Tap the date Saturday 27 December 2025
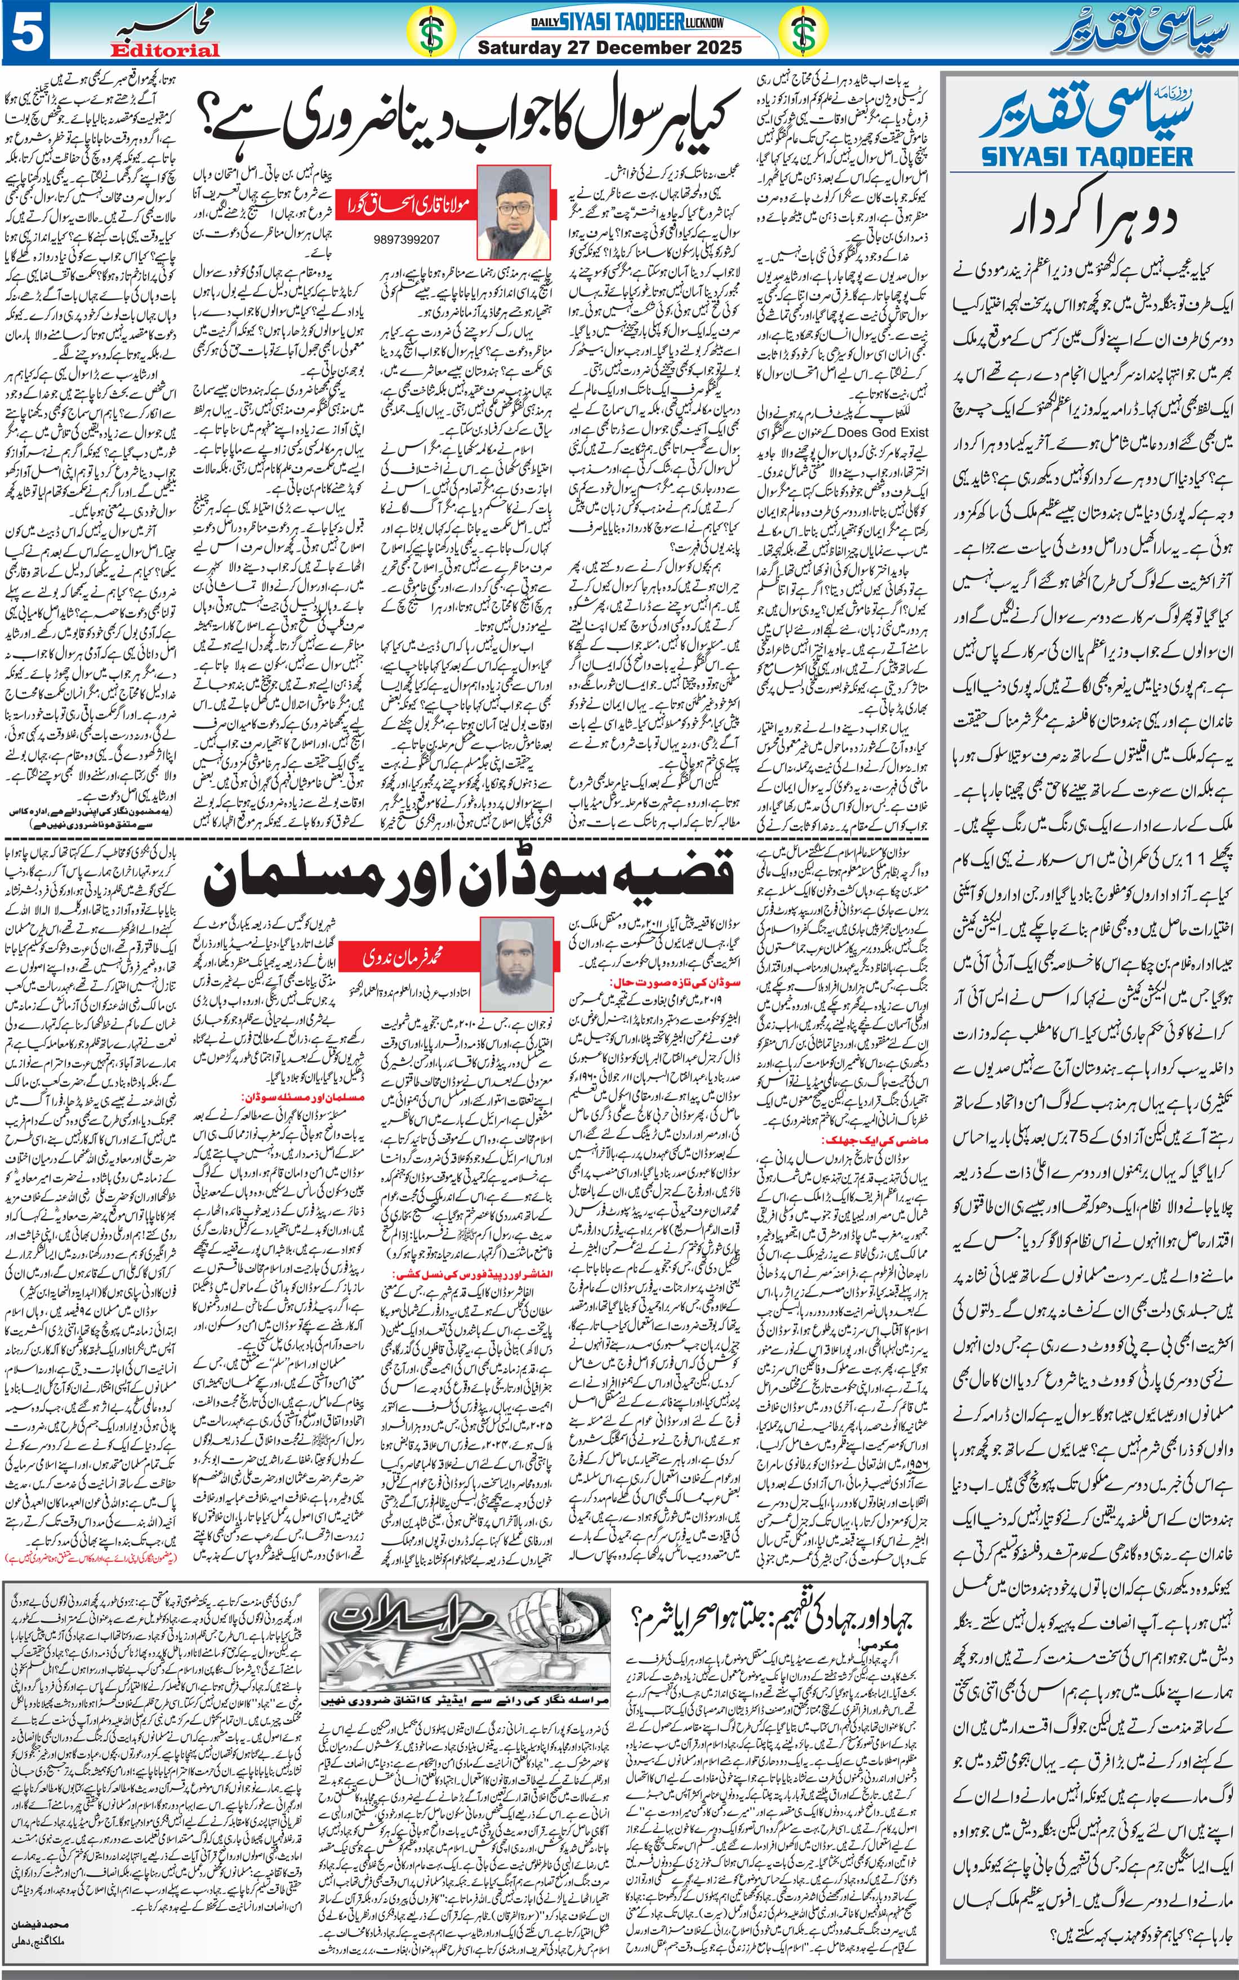610,47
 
